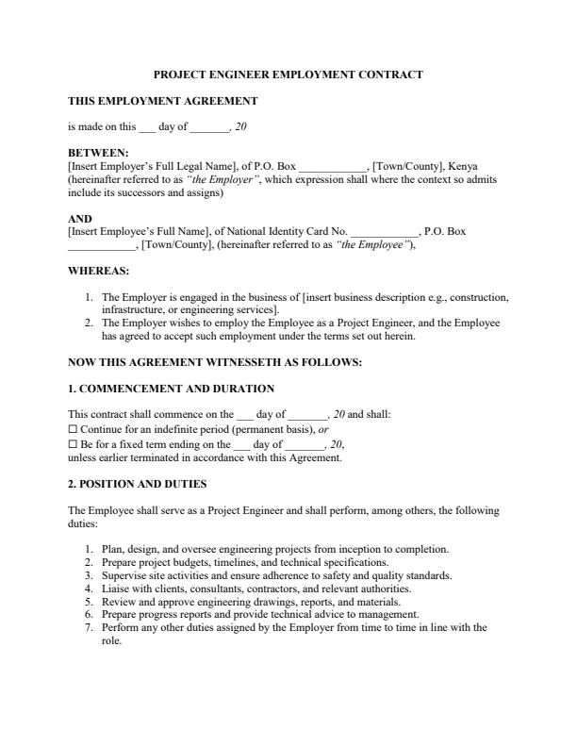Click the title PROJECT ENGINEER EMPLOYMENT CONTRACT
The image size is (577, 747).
tap(288, 75)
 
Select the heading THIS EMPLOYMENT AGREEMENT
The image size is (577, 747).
tap(163, 100)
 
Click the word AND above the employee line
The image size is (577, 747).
tap(80, 218)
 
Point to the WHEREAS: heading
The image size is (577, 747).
tap(99, 270)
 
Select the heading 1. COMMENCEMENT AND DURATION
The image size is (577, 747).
tap(172, 388)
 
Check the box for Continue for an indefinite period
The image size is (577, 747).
tap(74, 428)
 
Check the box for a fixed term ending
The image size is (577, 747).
tap(74, 443)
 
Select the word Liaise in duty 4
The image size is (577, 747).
tap(115, 589)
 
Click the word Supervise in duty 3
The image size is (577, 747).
tap(124, 575)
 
